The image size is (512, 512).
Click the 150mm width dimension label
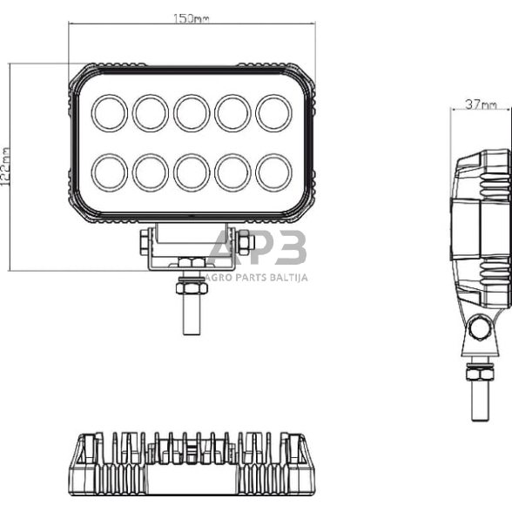coord(192,17)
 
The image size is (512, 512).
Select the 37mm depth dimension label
coord(480,104)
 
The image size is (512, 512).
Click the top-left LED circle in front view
coord(110,111)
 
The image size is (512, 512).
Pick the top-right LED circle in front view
coord(273,111)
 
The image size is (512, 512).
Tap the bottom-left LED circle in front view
coord(110,172)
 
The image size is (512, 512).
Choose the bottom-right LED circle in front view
coord(273,172)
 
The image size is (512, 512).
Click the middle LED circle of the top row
coord(192,111)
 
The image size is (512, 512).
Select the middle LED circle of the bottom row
coord(192,172)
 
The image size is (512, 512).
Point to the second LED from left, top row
coord(151,111)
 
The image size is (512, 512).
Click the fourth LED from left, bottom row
coord(232,172)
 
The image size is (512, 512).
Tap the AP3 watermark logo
coord(258,250)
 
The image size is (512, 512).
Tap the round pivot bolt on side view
coord(477,328)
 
